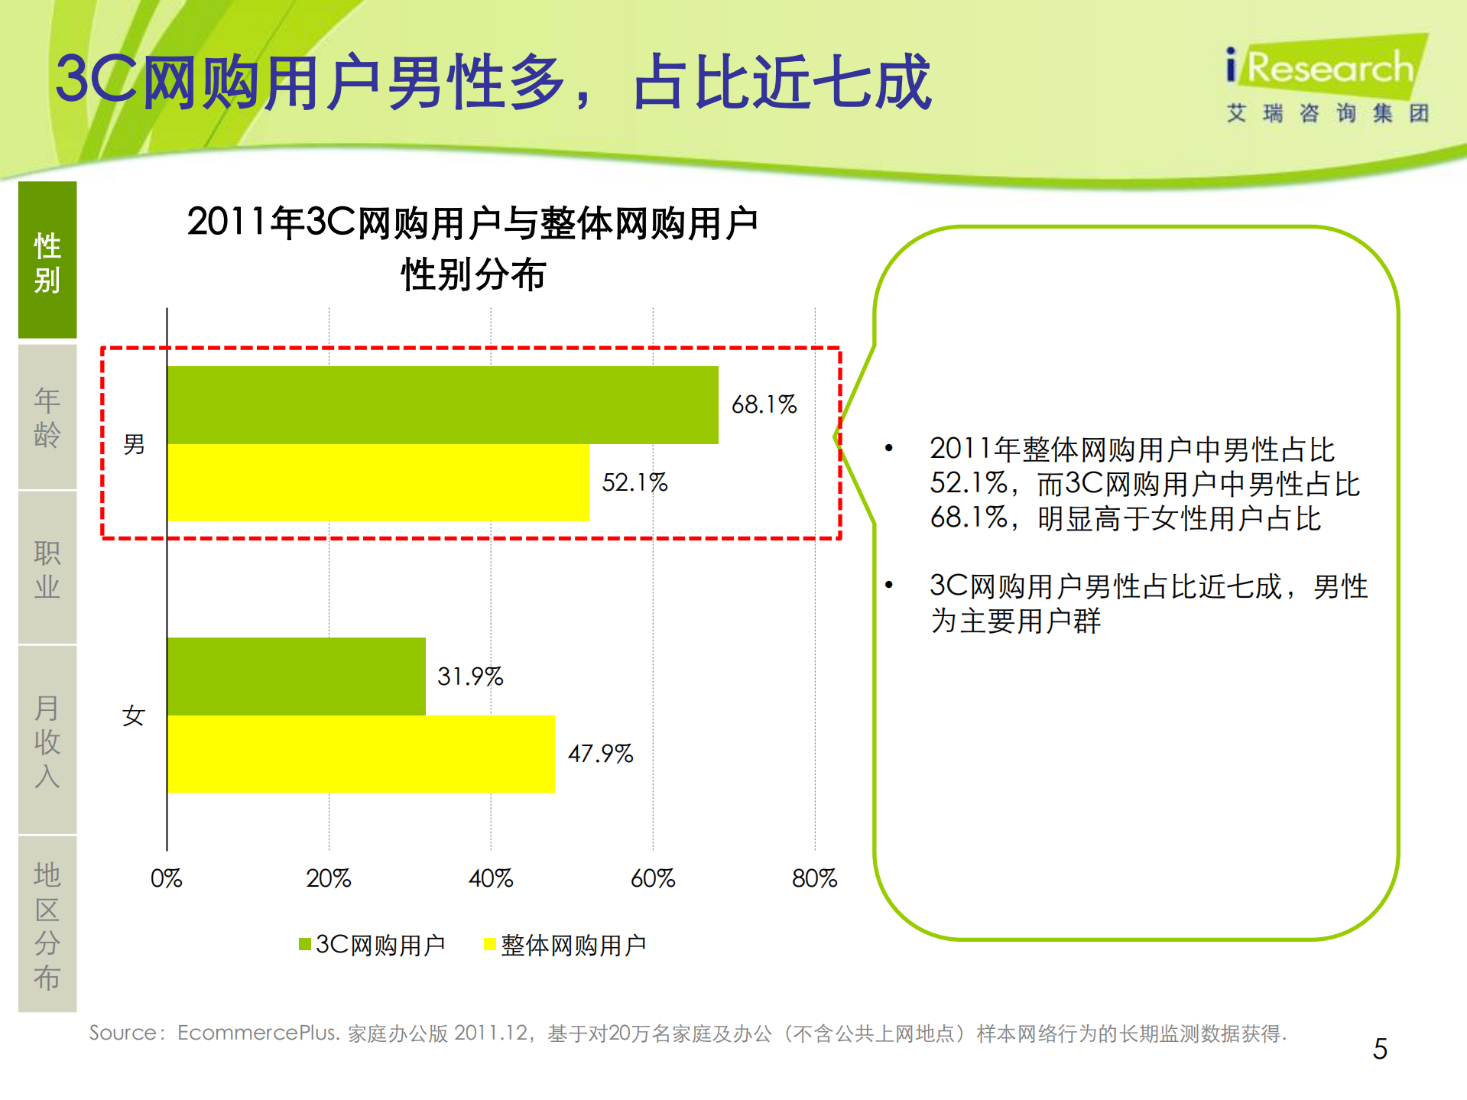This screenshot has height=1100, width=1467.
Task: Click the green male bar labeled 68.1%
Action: point(442,404)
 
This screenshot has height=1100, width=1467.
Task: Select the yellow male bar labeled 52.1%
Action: point(378,482)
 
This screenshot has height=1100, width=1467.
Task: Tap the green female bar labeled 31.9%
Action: point(296,676)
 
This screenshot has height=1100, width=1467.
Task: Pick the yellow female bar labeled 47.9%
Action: point(360,754)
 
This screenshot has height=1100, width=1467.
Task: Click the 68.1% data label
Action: point(763,404)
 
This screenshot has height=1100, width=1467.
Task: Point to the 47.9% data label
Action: point(600,754)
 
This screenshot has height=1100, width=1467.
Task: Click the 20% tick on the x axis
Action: point(328,878)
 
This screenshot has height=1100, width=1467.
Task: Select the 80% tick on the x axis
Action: point(814,878)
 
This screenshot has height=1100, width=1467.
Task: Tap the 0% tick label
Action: point(166,878)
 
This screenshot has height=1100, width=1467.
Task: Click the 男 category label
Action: point(134,444)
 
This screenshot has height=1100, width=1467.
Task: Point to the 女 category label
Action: point(134,715)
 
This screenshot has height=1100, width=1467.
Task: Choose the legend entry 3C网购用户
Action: point(372,945)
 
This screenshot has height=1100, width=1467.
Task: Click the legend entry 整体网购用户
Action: point(566,945)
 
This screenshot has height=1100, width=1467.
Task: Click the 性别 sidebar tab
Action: point(47,261)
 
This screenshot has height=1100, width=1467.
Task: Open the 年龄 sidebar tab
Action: point(47,417)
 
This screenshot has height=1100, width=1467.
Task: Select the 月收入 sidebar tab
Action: point(47,740)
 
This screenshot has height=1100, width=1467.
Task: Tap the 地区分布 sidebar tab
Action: point(47,924)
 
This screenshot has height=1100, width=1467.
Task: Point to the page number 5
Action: point(1379,1049)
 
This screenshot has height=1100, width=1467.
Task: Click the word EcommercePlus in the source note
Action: point(258,1033)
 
